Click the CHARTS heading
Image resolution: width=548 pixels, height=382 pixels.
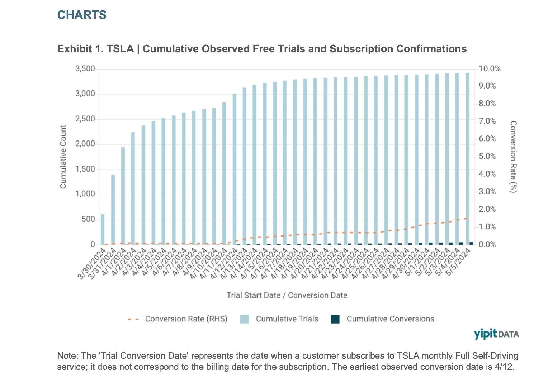point(82,15)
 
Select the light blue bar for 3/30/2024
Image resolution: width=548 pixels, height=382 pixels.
point(103,229)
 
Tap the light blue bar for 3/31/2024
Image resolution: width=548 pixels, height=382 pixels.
point(113,209)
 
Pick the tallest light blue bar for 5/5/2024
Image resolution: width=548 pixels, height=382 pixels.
point(467,158)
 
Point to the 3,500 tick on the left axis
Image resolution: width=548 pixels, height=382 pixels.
point(85,69)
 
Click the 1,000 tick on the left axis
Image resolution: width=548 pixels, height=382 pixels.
point(85,194)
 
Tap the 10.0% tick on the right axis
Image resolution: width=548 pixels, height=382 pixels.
point(490,69)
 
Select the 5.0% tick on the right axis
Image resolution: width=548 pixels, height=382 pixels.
point(487,157)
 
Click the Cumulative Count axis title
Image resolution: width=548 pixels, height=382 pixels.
point(63,157)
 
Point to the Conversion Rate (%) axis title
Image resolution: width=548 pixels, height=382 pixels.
point(513,157)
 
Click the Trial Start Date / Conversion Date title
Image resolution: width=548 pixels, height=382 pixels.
point(287,296)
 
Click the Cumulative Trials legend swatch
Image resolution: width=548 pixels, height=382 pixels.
point(244,319)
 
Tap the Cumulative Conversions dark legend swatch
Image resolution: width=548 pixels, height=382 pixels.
point(335,319)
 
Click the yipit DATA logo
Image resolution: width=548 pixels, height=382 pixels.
point(496,334)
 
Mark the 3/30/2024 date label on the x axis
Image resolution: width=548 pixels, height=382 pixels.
point(93,262)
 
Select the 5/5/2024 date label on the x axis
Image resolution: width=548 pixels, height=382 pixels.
point(458,262)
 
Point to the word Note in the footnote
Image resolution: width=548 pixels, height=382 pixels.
point(66,356)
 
